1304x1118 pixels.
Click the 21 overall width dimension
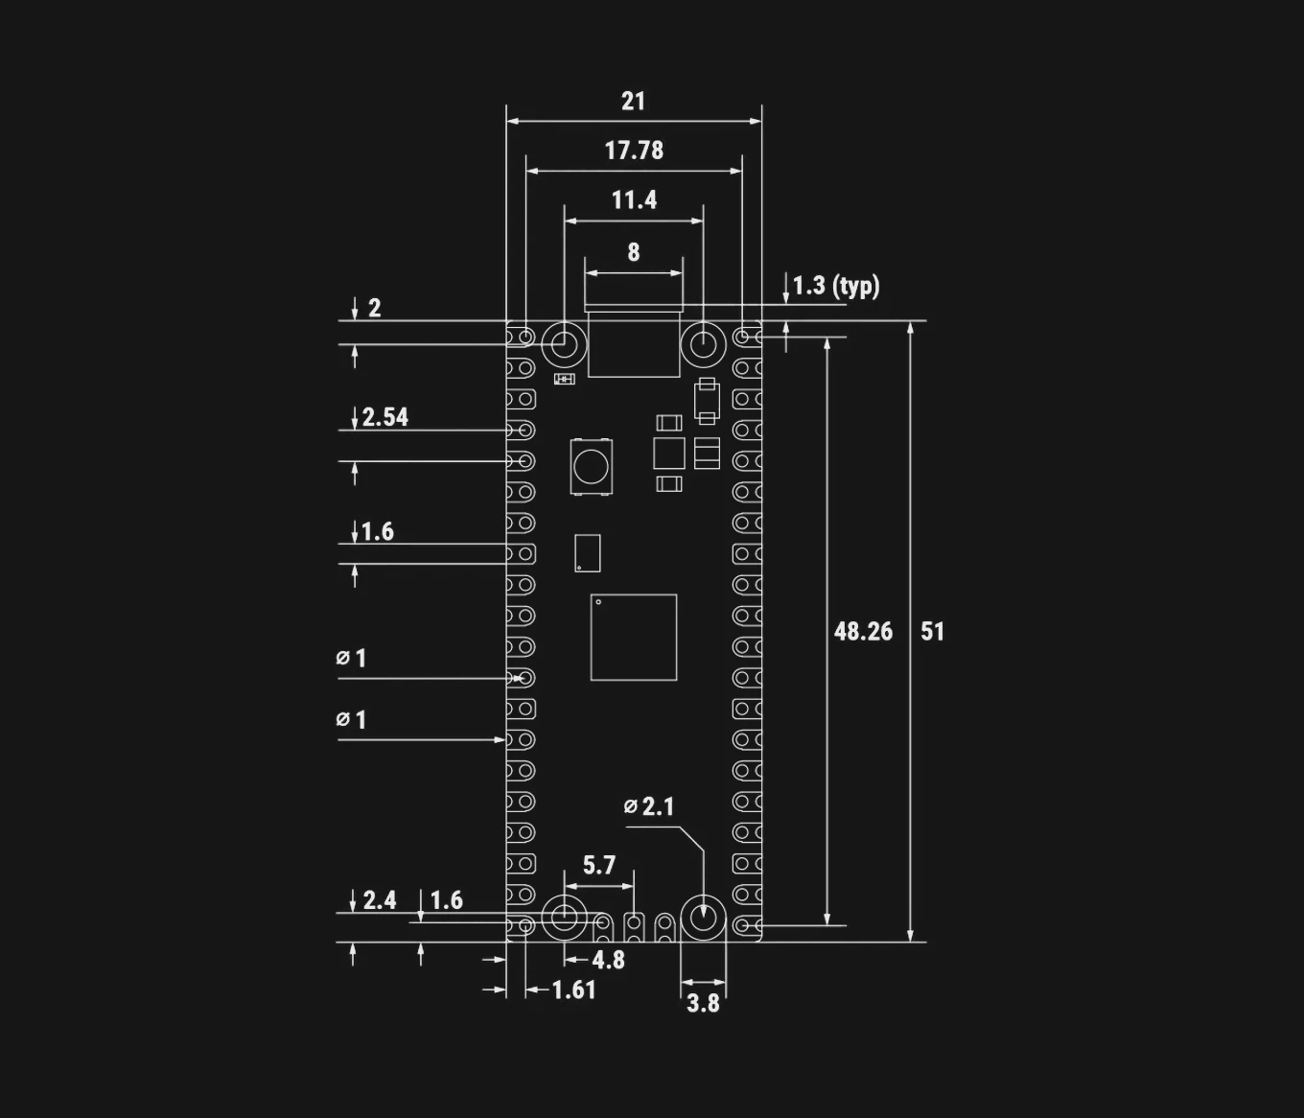click(633, 102)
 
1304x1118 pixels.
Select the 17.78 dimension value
click(633, 151)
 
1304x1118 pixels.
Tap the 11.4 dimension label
click(634, 200)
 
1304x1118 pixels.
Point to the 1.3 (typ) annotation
click(835, 286)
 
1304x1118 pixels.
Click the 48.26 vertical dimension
click(863, 631)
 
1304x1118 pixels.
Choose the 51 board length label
click(932, 631)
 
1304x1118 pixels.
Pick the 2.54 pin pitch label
click(384, 417)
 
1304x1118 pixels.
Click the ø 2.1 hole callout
click(649, 807)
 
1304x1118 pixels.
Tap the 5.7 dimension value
click(599, 866)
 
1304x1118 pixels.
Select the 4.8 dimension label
click(608, 960)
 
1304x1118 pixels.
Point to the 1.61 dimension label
click(573, 990)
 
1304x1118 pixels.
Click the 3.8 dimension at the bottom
click(703, 1003)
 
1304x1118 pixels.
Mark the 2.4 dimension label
click(379, 900)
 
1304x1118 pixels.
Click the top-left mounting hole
click(565, 342)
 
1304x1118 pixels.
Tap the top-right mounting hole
click(703, 342)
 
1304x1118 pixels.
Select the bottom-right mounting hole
click(703, 917)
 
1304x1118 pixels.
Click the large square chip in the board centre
click(634, 638)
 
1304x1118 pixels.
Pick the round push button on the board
click(591, 466)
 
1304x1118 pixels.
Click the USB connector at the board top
click(634, 342)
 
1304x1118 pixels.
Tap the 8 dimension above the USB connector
click(633, 252)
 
